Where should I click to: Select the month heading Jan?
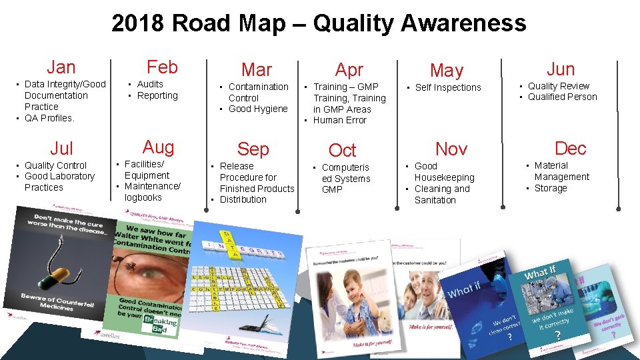click(x=61, y=67)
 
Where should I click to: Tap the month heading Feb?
click(x=162, y=67)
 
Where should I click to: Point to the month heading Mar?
click(x=257, y=69)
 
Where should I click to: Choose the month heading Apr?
click(x=349, y=69)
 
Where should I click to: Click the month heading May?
click(x=447, y=70)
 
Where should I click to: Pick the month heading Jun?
click(x=561, y=68)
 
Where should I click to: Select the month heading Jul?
click(x=61, y=148)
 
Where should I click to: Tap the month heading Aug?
click(x=159, y=147)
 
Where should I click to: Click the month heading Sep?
click(x=253, y=149)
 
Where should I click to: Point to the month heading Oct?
click(x=343, y=150)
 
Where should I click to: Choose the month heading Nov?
click(x=451, y=149)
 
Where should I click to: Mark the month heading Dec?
click(x=571, y=147)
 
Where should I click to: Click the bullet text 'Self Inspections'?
click(x=448, y=87)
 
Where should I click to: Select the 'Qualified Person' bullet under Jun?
click(x=563, y=97)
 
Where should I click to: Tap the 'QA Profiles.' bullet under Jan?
click(x=49, y=118)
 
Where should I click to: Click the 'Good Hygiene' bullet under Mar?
click(x=258, y=109)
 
